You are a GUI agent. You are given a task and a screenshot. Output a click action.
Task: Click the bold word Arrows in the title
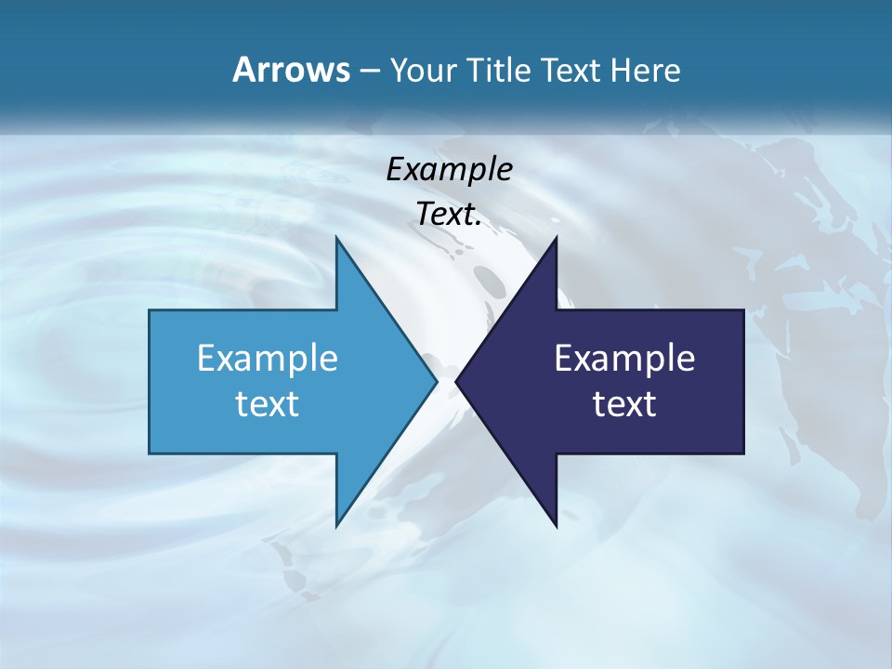click(291, 70)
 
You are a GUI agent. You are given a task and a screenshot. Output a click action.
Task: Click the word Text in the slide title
click(571, 70)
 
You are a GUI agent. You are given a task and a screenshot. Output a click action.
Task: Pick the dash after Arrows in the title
click(367, 71)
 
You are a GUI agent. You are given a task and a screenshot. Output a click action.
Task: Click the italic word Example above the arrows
click(449, 169)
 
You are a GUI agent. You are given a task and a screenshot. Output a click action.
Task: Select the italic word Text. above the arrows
click(449, 215)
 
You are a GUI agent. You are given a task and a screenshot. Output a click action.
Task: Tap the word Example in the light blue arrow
click(268, 358)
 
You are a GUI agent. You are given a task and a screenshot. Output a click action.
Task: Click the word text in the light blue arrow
click(268, 403)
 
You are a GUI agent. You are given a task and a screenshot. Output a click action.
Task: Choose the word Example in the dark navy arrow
click(624, 358)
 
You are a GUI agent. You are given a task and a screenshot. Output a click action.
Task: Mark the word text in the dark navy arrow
click(624, 403)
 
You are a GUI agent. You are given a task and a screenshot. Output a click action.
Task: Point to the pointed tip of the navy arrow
click(457, 381)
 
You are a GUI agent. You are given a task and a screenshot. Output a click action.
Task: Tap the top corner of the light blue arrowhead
click(336, 239)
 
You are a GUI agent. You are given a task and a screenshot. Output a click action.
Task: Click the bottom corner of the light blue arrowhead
click(336, 525)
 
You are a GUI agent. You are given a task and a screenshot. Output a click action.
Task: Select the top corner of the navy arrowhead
click(556, 239)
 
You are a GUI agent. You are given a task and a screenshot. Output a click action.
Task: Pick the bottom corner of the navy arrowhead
click(556, 525)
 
